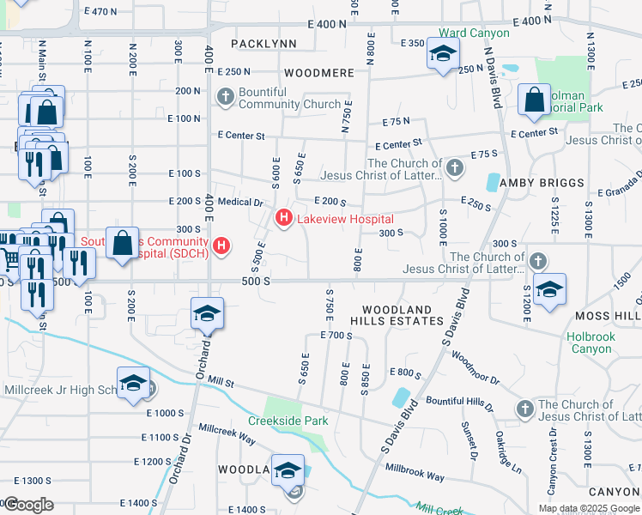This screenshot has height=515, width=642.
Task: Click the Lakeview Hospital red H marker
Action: [x=283, y=220]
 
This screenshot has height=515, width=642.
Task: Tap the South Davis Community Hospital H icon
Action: [x=221, y=247]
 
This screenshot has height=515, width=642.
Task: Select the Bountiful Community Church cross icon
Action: [x=226, y=97]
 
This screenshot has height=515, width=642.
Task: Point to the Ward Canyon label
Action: [x=474, y=33]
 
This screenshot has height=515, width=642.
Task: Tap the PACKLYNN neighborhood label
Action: [x=263, y=43]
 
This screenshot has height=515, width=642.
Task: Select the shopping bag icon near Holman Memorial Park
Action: [x=534, y=99]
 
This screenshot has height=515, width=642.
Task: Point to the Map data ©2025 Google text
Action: [x=588, y=508]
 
